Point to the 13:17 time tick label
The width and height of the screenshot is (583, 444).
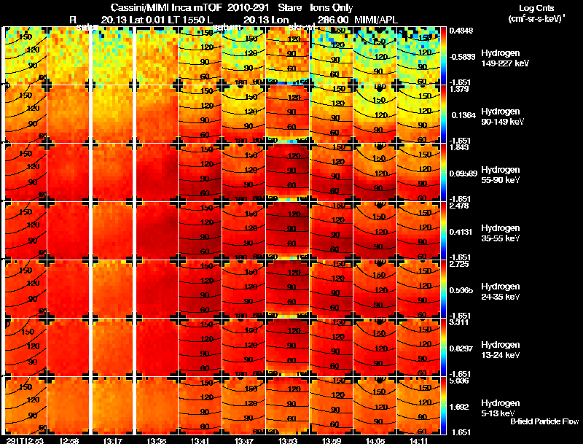tap(113, 440)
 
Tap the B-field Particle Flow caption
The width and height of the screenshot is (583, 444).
tap(544, 421)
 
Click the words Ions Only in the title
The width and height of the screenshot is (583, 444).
tap(326, 7)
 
